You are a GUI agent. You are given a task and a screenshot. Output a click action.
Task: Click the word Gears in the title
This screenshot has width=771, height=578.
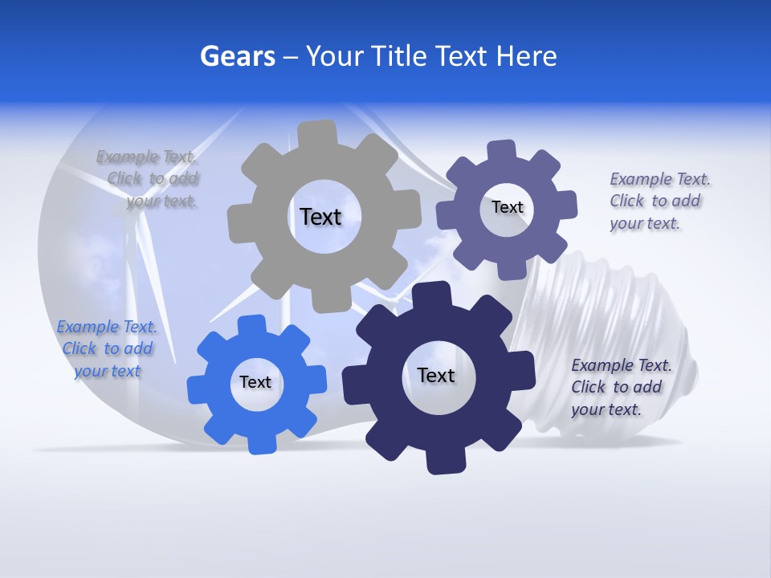pyautogui.click(x=237, y=56)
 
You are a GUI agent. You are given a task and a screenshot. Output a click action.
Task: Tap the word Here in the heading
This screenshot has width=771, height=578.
pyautogui.click(x=526, y=56)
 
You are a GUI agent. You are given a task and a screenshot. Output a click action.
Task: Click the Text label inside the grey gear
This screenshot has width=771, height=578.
pyautogui.click(x=320, y=217)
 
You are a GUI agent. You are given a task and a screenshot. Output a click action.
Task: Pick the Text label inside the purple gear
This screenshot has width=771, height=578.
pyautogui.click(x=507, y=207)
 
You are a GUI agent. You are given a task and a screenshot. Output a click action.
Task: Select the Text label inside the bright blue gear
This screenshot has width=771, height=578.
pyautogui.click(x=255, y=382)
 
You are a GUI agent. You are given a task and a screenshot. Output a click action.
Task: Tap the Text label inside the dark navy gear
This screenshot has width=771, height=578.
pyautogui.click(x=436, y=375)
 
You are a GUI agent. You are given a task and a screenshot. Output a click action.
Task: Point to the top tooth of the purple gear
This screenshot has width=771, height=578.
pyautogui.click(x=502, y=151)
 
